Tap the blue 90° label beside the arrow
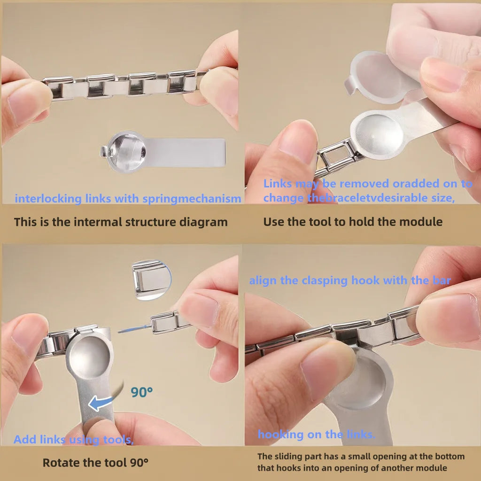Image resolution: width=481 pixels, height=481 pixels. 141,392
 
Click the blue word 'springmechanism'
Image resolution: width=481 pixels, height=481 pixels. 192,199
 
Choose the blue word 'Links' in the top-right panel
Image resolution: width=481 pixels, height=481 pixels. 277,184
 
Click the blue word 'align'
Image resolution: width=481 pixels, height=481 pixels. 263,280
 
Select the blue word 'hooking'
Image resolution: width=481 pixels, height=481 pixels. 281,434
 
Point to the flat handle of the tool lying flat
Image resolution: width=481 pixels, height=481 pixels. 185,153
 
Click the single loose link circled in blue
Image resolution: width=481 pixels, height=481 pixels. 151,280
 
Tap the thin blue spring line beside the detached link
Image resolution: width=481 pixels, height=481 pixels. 134,329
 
